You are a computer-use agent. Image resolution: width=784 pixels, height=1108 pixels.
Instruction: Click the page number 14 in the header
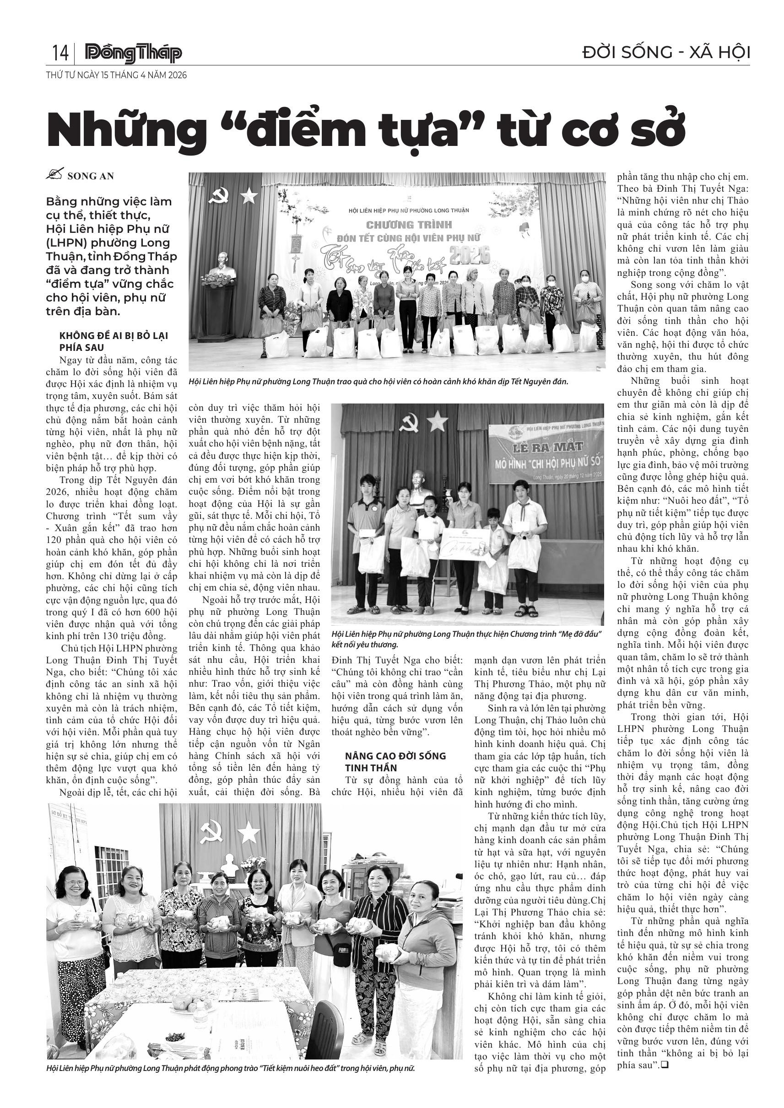click(60, 53)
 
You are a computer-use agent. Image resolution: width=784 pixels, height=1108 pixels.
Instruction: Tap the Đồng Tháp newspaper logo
click(133, 54)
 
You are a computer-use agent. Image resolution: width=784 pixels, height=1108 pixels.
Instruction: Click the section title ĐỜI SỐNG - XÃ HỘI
click(666, 53)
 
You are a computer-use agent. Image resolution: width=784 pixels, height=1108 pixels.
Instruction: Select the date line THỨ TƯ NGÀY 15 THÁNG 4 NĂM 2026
click(116, 75)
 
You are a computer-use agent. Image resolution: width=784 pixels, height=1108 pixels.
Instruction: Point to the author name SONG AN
click(91, 176)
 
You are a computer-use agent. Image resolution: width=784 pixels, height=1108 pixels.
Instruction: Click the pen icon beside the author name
click(55, 175)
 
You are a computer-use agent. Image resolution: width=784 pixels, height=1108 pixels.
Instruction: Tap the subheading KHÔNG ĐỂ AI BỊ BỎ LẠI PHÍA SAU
click(114, 341)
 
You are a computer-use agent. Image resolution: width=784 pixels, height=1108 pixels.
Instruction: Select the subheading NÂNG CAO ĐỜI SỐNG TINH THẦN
click(395, 762)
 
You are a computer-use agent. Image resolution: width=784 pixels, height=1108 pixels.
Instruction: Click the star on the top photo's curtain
click(249, 195)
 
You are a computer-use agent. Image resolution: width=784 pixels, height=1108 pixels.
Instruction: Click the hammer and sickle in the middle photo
click(409, 423)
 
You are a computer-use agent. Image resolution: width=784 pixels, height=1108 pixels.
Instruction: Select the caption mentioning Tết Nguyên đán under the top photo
click(378, 381)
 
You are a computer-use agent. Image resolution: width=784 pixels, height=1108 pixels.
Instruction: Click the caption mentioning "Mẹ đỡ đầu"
click(466, 639)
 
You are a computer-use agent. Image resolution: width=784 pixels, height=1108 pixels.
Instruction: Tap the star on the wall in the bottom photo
click(248, 833)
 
